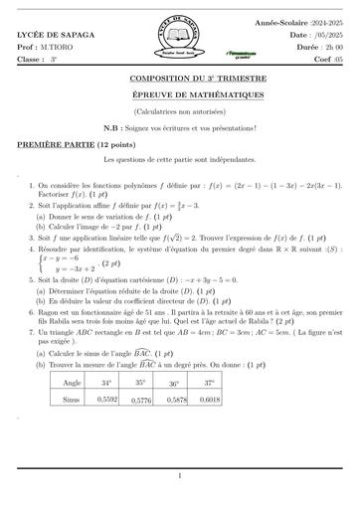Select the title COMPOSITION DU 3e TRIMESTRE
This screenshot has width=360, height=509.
[180, 76]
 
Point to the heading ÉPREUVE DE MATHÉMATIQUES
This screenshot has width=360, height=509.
[180, 92]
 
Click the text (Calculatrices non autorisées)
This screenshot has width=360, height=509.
[180, 108]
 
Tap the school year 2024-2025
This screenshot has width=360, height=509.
[326, 20]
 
